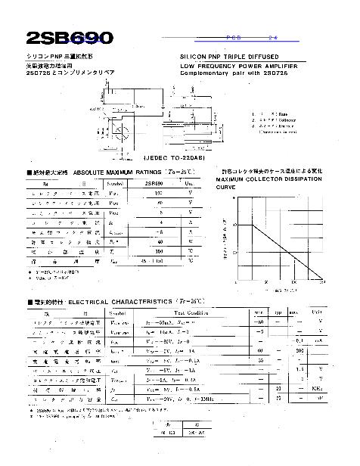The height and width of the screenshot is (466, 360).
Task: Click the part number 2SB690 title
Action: click(70, 37)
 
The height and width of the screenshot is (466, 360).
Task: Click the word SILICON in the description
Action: click(195, 57)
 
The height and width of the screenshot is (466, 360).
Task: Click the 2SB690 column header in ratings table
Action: click(154, 183)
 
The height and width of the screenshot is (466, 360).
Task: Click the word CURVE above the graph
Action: click(225, 186)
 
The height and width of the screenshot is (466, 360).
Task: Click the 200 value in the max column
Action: click(299, 350)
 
